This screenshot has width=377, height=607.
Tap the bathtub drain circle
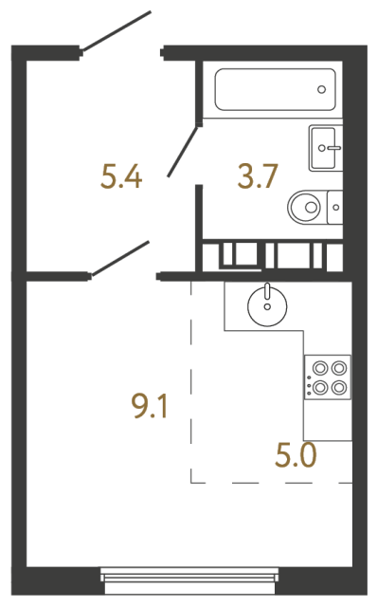pyautogui.click(x=322, y=91)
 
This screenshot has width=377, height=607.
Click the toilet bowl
pyautogui.click(x=306, y=204)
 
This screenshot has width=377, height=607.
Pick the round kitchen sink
pyautogui.click(x=267, y=305)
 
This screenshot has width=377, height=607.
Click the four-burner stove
pyautogui.click(x=327, y=377)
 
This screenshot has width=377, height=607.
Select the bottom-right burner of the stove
pyautogui.click(x=337, y=386)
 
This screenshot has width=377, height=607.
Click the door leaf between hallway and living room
pyautogui.click(x=119, y=259)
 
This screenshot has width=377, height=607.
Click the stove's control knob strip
pyautogui.click(x=308, y=377)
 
